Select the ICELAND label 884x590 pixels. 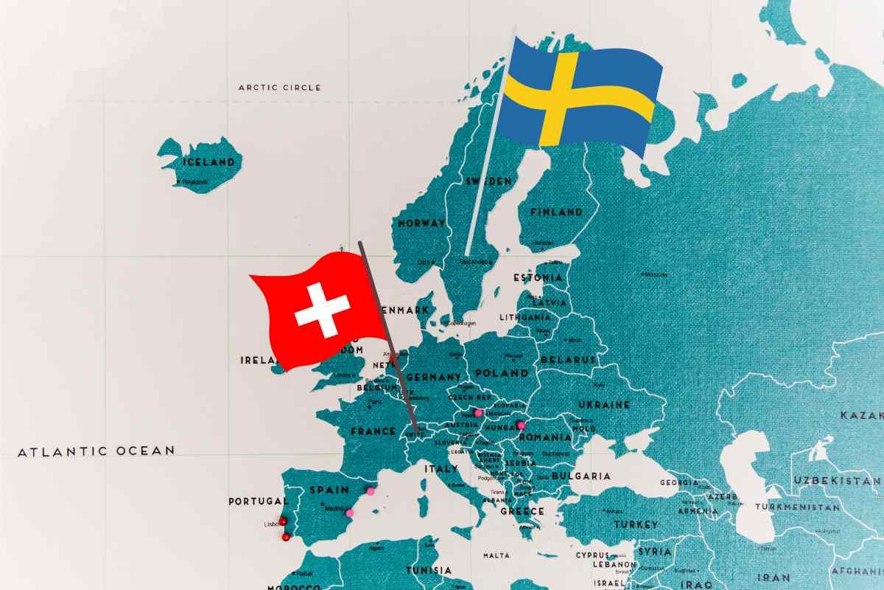click(210, 162)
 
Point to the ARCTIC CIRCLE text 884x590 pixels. click(280, 87)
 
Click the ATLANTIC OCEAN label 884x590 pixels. click(97, 451)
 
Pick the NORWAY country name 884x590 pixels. click(421, 223)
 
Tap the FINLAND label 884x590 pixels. click(557, 212)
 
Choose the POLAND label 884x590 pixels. click(502, 373)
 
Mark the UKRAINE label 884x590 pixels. click(604, 404)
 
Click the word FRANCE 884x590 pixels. click(373, 431)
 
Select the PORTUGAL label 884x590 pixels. click(259, 501)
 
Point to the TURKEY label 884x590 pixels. click(636, 524)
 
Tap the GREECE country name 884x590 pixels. click(522, 510)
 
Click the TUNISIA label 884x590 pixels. click(429, 570)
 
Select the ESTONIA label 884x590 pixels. click(538, 278)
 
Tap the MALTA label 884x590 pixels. click(497, 555)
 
